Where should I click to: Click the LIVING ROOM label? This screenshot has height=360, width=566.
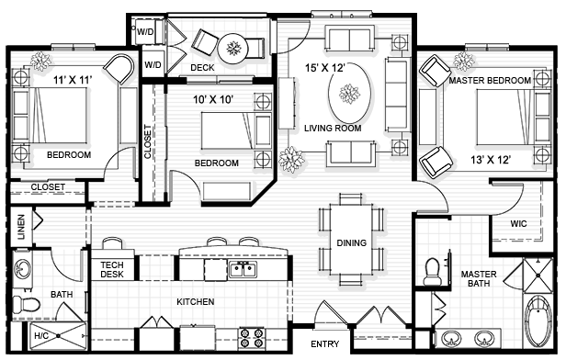[x=333, y=128]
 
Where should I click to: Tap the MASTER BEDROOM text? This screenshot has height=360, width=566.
[x=490, y=81]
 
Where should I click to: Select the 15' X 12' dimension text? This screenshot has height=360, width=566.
[x=326, y=66]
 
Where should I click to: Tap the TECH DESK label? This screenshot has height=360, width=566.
[x=112, y=269]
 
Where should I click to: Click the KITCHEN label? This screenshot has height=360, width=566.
[x=196, y=301]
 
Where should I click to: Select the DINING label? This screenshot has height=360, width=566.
[x=351, y=243]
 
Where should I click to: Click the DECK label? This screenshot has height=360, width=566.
[x=202, y=68]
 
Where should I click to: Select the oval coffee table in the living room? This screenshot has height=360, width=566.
[x=349, y=92]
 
